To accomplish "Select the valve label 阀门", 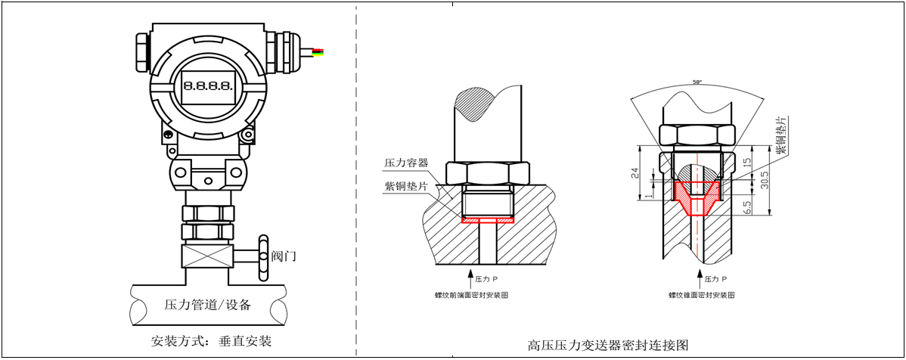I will [284, 256].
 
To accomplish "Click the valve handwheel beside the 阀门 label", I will [262, 256].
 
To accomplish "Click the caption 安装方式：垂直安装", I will [212, 340].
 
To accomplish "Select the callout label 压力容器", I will [406, 163].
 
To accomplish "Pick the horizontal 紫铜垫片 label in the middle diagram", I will [406, 187].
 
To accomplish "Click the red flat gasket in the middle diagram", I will [487, 220].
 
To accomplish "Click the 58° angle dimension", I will [697, 82].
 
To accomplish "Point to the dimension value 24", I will [636, 173].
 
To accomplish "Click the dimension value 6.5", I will [746, 206].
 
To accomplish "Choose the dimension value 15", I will [746, 162].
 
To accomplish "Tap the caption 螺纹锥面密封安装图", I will [701, 295].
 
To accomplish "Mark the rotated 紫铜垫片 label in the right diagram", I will [782, 136].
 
